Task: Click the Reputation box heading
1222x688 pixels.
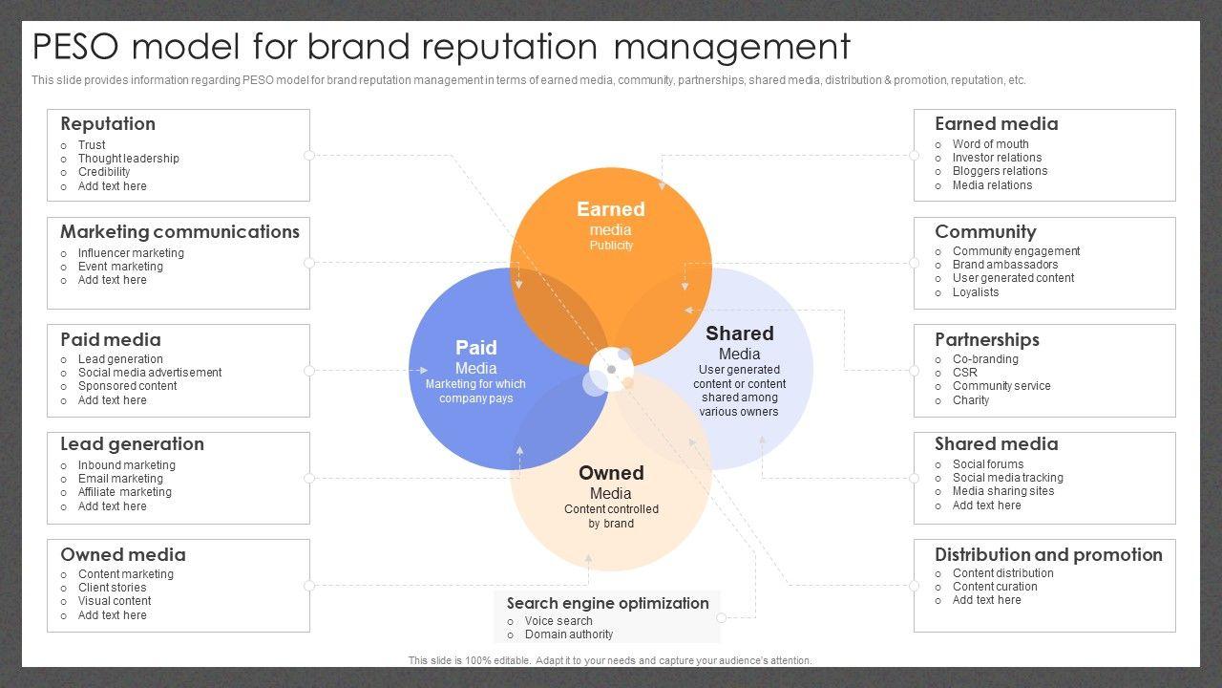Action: click(x=108, y=124)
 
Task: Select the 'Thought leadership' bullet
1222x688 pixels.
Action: click(x=128, y=159)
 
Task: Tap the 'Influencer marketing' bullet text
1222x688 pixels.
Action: click(x=131, y=253)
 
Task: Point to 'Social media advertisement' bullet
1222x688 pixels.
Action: click(x=150, y=373)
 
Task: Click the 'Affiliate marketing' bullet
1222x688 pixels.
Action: click(x=125, y=492)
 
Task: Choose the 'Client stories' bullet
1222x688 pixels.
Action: click(x=113, y=588)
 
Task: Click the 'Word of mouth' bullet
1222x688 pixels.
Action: click(x=990, y=144)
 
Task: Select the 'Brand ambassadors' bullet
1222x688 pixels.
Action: click(x=1004, y=265)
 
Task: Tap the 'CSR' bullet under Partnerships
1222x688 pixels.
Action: click(x=965, y=373)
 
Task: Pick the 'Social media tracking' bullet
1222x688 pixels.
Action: click(x=1007, y=478)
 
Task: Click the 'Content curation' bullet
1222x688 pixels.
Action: click(x=995, y=587)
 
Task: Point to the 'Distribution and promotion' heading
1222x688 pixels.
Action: click(x=1048, y=555)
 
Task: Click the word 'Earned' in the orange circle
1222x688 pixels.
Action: click(x=611, y=209)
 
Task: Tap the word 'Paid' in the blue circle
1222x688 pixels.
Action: click(x=476, y=348)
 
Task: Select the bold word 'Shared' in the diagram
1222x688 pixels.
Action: click(x=739, y=333)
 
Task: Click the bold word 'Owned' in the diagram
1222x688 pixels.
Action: click(x=611, y=473)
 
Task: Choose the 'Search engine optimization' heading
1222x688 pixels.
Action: click(x=607, y=604)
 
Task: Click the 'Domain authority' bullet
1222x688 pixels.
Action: click(x=569, y=634)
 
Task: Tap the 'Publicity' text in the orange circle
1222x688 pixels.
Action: click(x=611, y=246)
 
